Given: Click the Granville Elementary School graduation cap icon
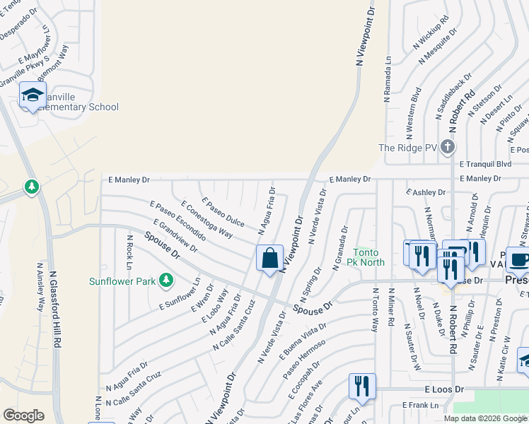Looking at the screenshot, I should [33, 95].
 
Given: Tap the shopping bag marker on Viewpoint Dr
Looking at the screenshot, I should [269, 259].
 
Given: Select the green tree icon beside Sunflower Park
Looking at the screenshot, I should [166, 281].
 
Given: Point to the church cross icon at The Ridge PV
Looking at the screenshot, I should [446, 148].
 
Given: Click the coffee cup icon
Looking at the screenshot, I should [520, 259].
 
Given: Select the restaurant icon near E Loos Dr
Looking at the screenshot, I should [361, 386].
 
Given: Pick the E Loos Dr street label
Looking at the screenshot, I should [444, 389].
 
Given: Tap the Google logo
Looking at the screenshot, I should [23, 416].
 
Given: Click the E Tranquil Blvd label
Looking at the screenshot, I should [485, 164].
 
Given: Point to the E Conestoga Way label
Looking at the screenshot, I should [207, 219].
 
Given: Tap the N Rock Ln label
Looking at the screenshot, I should [130, 253].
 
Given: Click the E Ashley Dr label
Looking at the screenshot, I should [426, 192].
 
